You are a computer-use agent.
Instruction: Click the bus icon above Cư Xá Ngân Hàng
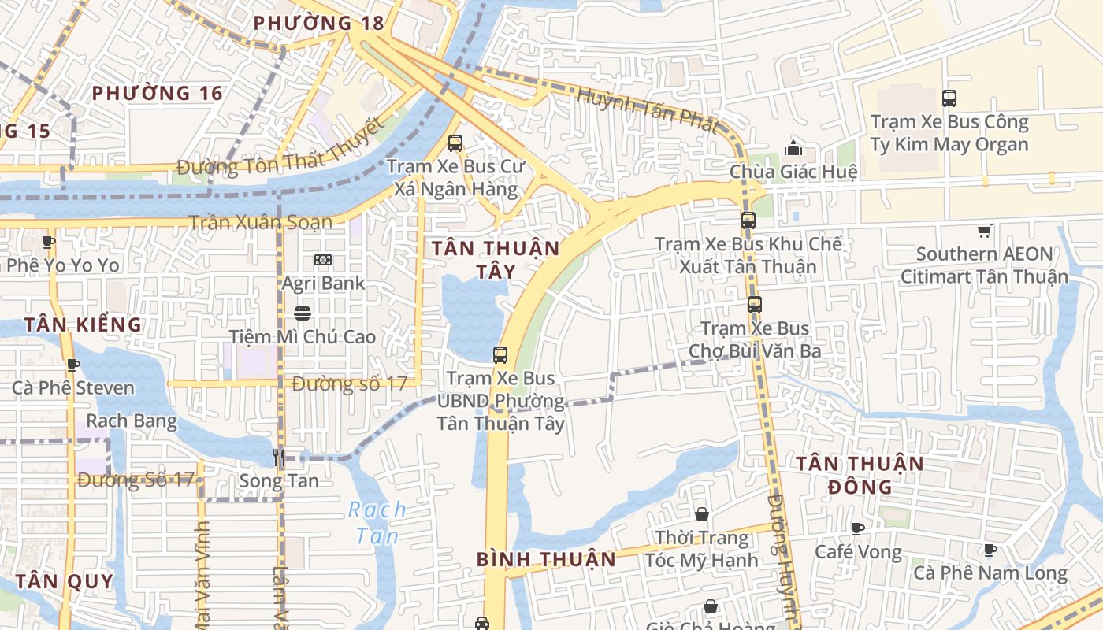(455, 143)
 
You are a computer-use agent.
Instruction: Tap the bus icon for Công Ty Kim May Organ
(949, 98)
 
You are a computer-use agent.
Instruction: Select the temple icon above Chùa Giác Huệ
(793, 148)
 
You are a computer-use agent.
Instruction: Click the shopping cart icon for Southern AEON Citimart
(984, 231)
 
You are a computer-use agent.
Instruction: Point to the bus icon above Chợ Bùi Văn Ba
(755, 305)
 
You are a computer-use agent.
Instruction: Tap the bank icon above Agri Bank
(323, 260)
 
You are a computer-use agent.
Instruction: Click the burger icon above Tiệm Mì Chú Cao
(302, 313)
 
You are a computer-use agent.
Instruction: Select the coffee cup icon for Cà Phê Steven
(73, 365)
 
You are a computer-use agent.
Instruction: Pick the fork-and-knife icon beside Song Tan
(278, 457)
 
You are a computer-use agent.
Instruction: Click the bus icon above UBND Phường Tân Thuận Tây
(500, 355)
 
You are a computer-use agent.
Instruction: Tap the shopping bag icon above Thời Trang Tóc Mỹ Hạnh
(702, 514)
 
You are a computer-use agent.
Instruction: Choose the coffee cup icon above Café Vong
(858, 528)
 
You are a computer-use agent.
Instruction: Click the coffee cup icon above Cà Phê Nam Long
(990, 550)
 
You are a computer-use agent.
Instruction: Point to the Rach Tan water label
(377, 522)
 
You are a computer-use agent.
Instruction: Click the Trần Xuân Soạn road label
(260, 222)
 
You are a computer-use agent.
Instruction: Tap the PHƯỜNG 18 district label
(318, 23)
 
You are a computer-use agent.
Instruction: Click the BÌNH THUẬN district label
(546, 559)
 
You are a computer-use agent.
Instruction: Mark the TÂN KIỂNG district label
(83, 324)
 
